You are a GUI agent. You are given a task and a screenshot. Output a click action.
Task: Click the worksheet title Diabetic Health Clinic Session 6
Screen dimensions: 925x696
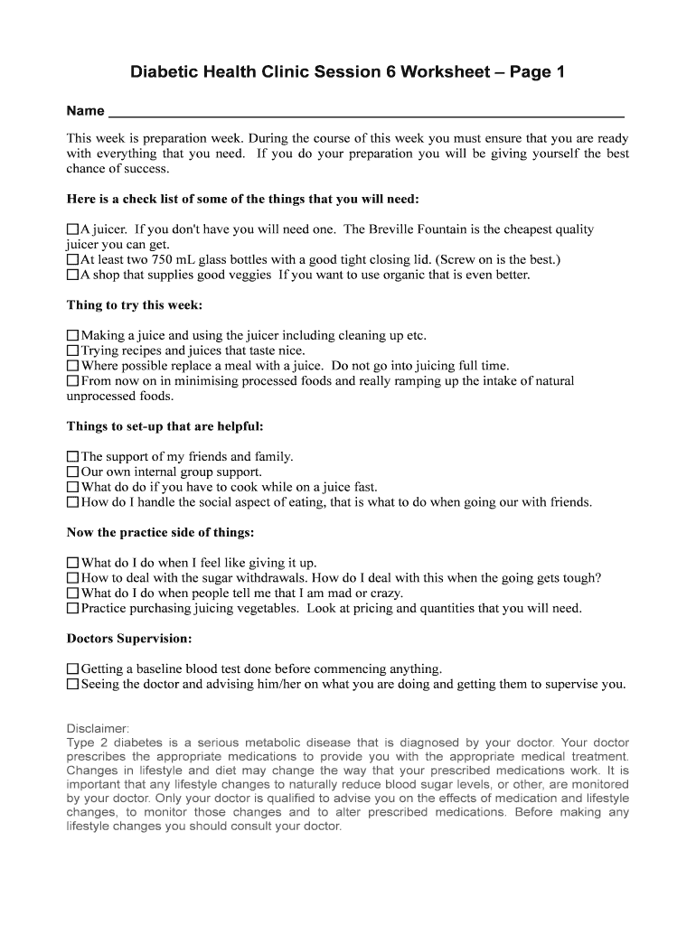(x=348, y=71)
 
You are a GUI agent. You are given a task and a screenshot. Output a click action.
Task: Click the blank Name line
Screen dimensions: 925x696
(x=366, y=111)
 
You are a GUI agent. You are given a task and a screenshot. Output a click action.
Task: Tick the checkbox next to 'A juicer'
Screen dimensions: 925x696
(x=73, y=230)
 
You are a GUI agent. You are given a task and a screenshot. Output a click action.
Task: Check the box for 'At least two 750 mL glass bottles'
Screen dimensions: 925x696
(x=73, y=260)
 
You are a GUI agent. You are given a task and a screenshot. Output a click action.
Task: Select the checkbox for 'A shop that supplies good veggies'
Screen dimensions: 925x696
(x=73, y=276)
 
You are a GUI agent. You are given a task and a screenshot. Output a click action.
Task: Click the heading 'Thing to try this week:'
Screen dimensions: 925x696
(x=135, y=305)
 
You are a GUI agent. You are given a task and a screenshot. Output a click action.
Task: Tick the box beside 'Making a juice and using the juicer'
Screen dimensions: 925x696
(x=73, y=336)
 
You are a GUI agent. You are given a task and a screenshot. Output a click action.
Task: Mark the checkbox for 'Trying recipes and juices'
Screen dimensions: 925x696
(x=73, y=351)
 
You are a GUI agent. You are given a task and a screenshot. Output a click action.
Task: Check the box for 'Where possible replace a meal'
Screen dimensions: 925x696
(x=73, y=367)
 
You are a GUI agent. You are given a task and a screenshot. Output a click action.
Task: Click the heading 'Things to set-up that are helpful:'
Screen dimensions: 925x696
(x=165, y=426)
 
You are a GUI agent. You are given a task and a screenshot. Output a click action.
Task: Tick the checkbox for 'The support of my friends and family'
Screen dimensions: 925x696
(x=73, y=457)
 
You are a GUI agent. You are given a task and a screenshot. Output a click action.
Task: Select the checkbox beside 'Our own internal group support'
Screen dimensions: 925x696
(x=73, y=472)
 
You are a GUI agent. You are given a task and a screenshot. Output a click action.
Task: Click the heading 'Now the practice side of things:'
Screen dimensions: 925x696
(x=160, y=532)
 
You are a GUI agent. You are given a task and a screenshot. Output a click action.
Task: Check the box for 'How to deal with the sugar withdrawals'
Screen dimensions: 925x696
(x=73, y=578)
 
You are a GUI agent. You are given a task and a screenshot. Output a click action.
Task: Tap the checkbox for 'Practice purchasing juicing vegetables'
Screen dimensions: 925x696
(x=73, y=609)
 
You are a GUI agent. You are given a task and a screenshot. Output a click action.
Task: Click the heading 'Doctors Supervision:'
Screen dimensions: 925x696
(x=129, y=639)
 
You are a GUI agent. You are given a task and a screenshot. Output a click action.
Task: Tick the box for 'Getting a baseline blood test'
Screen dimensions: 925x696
(x=73, y=669)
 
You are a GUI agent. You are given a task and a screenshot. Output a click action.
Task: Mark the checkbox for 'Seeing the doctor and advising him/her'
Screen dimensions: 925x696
(x=73, y=685)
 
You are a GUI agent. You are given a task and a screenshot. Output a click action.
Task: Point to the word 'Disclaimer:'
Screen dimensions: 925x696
(x=99, y=728)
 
